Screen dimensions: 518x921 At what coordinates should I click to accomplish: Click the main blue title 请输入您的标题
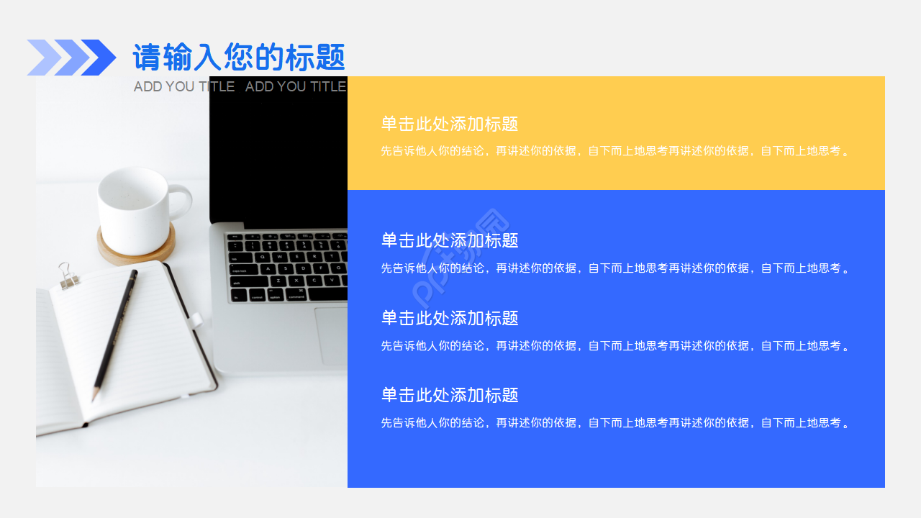pos(239,58)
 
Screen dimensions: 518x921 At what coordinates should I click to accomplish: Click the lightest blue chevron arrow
pos(43,58)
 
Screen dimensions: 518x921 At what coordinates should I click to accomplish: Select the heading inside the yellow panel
pos(450,124)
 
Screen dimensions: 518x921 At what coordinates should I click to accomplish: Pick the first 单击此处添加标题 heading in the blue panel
pos(450,240)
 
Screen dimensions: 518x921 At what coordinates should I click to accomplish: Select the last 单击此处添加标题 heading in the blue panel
pos(450,395)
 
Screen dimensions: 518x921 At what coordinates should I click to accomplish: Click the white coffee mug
pos(135,203)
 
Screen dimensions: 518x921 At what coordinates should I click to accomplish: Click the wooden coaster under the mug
pos(137,248)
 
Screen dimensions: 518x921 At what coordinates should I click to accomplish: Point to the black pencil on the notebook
pos(115,331)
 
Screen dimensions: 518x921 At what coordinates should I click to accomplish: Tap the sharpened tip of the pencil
pos(94,398)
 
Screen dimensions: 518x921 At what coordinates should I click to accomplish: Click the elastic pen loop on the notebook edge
pos(196,319)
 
